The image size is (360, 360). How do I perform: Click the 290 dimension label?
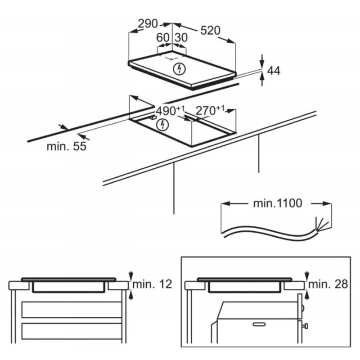coord(148,24)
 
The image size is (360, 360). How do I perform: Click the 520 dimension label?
coord(210,31)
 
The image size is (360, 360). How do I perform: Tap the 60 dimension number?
coord(163,38)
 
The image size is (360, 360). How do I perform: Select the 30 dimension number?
coord(181,38)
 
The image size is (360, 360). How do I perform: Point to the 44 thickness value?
coord(274,71)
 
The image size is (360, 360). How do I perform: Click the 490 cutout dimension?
coord(170,111)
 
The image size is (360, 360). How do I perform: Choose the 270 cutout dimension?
coord(210,110)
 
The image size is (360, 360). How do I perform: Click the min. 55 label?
coord(67,146)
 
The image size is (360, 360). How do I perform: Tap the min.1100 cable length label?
coord(277,203)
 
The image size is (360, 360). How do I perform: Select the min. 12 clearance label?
coord(152,284)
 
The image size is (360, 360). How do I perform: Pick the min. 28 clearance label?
coord(328,284)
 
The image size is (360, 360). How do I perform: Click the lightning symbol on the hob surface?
coord(179,68)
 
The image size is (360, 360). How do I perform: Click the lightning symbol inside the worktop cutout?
coord(162,125)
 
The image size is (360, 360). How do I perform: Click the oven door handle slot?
coord(259,324)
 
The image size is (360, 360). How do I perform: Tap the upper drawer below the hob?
coord(72,310)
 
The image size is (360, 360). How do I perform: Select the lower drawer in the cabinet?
coord(72,331)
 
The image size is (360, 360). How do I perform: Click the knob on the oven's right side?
coord(306,326)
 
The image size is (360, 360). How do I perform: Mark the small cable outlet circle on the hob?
coord(171,59)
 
